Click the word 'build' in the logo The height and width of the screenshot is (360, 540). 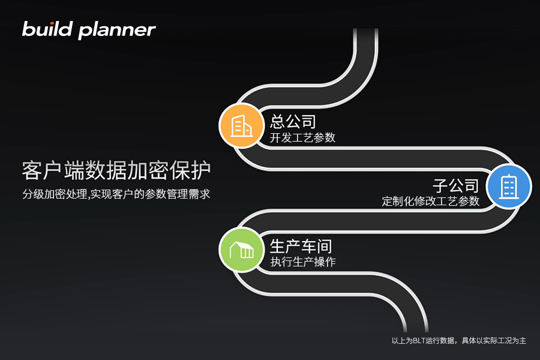point(47,29)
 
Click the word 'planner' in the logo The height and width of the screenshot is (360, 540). point(117,31)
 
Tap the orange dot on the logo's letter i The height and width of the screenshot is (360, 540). point(52,23)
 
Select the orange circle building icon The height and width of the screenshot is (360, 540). point(241,126)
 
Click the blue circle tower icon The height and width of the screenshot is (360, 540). point(509,187)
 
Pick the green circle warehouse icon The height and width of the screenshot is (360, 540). point(241,250)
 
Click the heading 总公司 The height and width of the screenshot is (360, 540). point(293,121)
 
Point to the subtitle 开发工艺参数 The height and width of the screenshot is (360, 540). point(302,137)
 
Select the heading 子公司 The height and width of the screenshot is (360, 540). point(456,185)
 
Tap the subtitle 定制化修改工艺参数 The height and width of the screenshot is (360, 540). point(430,201)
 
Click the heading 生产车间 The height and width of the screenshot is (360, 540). point(301,247)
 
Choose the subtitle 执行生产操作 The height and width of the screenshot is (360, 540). point(303,262)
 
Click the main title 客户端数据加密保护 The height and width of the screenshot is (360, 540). point(116,170)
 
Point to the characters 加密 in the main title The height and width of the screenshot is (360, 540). point(148,170)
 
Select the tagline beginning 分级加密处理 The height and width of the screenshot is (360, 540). point(116,194)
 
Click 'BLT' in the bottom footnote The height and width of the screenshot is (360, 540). point(419,341)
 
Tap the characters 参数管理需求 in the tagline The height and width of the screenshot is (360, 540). point(178,194)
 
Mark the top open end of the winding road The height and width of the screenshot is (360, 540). point(366,29)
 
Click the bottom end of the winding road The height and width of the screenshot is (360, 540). point(416,330)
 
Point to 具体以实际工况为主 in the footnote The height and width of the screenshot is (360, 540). point(494,341)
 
